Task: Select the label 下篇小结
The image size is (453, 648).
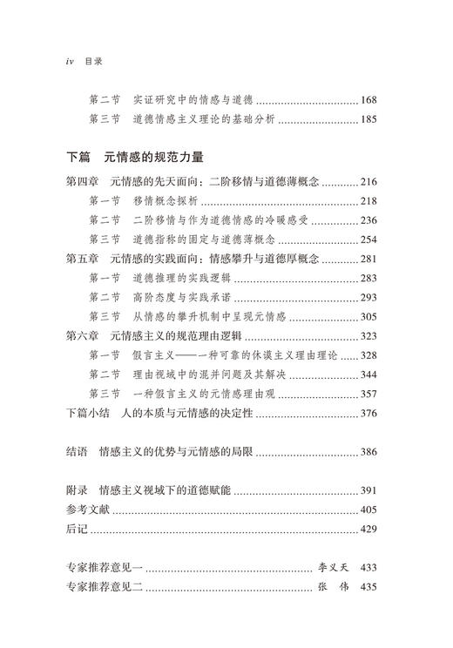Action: (88, 414)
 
